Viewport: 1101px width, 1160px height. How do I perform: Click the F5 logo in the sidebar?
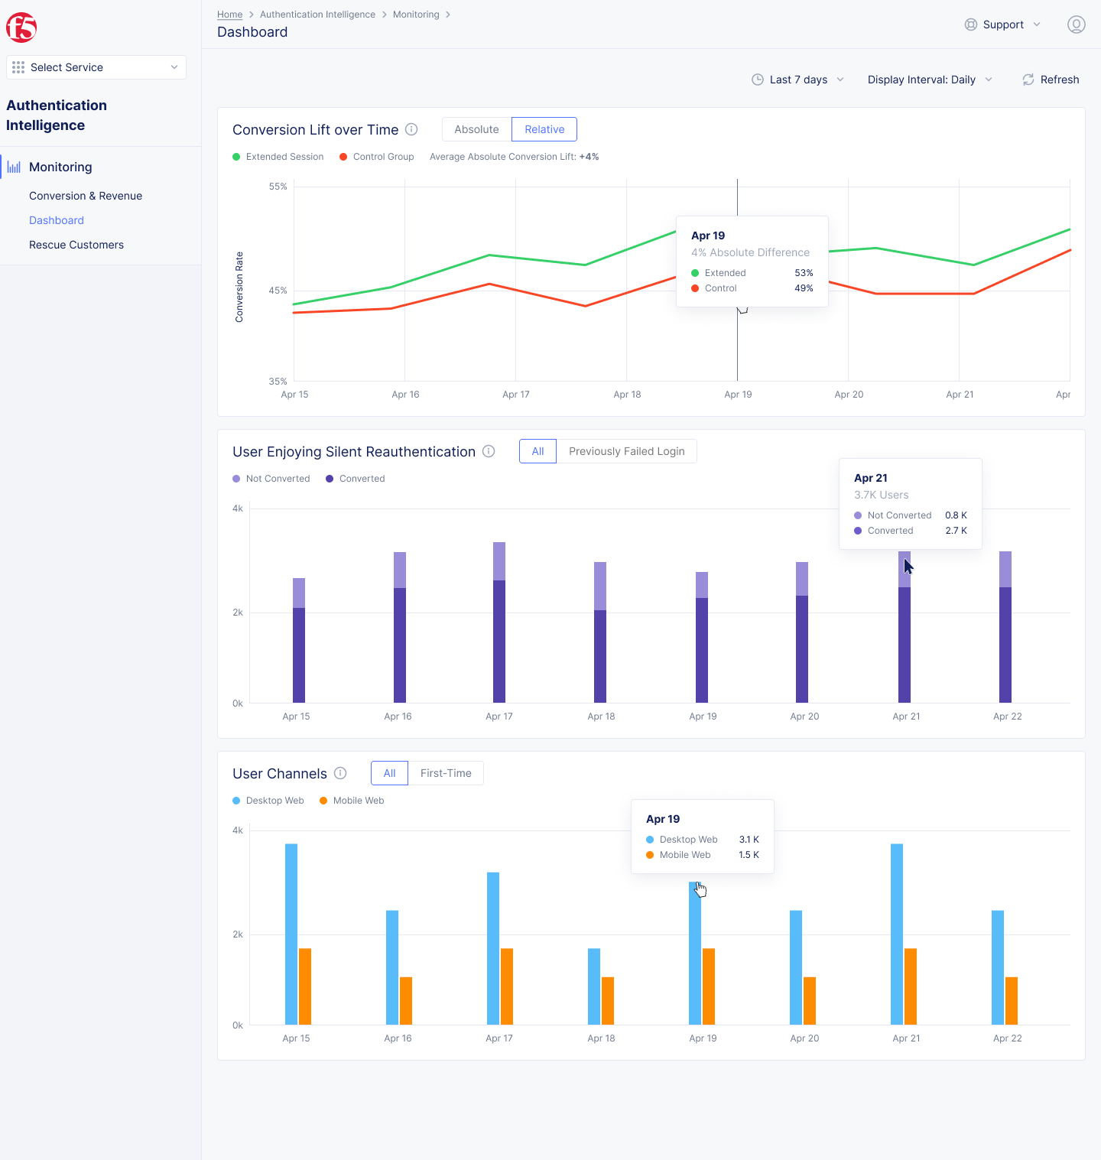pyautogui.click(x=21, y=28)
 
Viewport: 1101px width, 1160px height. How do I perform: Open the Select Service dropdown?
pyautogui.click(x=96, y=67)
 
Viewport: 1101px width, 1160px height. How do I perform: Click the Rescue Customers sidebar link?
pyautogui.click(x=76, y=245)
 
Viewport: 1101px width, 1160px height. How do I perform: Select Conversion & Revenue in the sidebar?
pyautogui.click(x=86, y=196)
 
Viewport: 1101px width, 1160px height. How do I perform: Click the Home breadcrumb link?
pyautogui.click(x=229, y=15)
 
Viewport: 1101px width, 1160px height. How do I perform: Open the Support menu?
pyautogui.click(x=1002, y=24)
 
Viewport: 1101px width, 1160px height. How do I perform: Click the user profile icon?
pyautogui.click(x=1076, y=24)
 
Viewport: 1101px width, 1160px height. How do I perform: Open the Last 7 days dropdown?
pyautogui.click(x=798, y=80)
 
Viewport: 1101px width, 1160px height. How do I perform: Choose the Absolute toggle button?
pyautogui.click(x=476, y=129)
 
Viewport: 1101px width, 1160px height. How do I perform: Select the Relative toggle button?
pyautogui.click(x=544, y=129)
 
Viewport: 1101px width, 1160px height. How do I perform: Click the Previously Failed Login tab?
pyautogui.click(x=626, y=451)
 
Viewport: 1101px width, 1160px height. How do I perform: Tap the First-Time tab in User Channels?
pyautogui.click(x=446, y=773)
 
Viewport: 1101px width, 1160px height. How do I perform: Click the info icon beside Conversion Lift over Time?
pyautogui.click(x=411, y=129)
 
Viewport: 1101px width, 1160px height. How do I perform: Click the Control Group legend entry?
pyautogui.click(x=377, y=157)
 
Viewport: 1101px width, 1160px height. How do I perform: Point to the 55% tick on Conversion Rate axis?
pyautogui.click(x=278, y=187)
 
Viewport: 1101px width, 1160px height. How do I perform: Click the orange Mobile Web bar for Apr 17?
pyautogui.click(x=507, y=986)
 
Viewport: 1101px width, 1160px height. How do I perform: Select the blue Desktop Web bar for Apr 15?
pyautogui.click(x=291, y=933)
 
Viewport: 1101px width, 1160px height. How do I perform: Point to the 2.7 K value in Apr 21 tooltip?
pyautogui.click(x=956, y=531)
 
